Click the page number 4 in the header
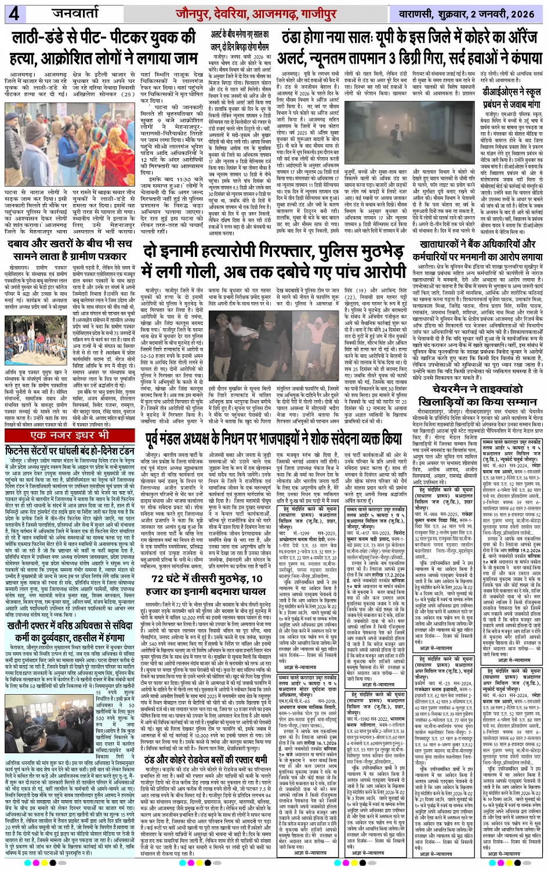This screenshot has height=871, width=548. (12, 13)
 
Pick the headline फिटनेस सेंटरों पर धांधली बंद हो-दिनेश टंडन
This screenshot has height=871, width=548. (70, 451)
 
